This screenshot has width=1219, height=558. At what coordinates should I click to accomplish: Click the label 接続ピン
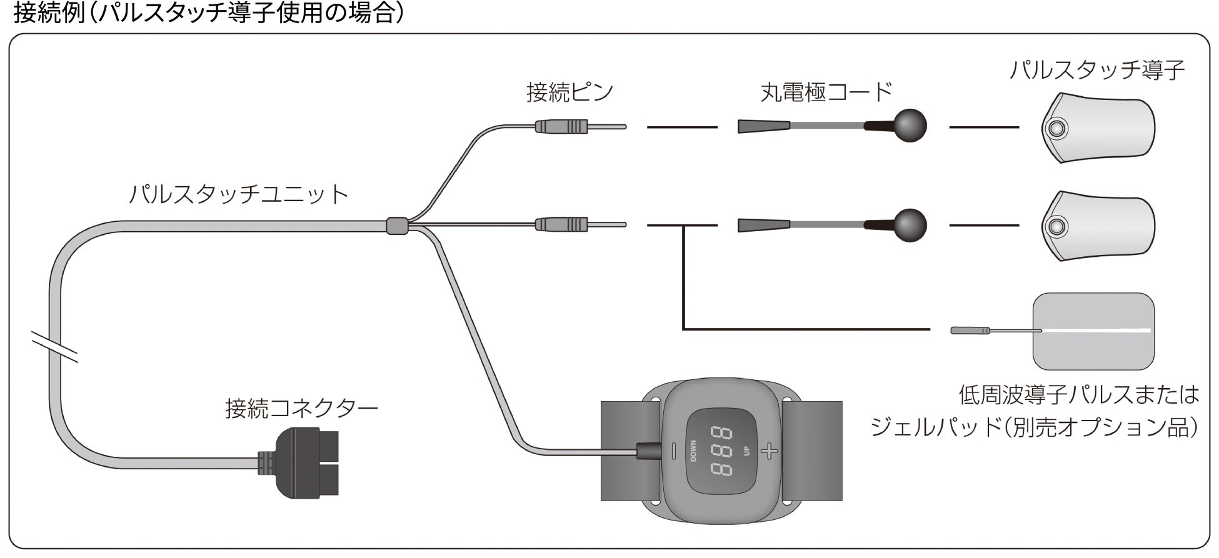click(569, 93)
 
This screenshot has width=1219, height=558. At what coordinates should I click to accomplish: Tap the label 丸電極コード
click(825, 93)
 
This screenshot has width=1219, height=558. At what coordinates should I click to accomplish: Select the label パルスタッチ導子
click(1097, 70)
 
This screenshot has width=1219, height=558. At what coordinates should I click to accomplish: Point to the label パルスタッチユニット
click(238, 194)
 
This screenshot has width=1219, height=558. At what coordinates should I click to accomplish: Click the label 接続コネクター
click(301, 409)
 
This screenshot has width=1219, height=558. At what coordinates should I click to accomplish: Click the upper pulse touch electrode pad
click(1098, 128)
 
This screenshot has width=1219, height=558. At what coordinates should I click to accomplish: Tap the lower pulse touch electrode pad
click(1098, 226)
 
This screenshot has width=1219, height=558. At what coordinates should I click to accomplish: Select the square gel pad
click(1093, 331)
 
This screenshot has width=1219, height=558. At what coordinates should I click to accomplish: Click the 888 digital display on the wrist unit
click(721, 451)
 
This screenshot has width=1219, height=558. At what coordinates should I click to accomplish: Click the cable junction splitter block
click(396, 226)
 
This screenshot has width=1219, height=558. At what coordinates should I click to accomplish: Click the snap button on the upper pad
click(1056, 129)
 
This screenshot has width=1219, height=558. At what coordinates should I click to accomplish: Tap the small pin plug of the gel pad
click(970, 330)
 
